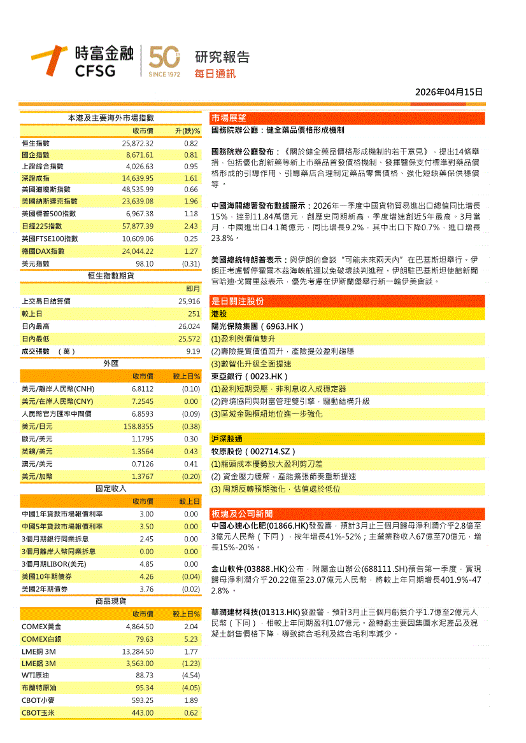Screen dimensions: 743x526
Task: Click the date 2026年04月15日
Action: pos(449,92)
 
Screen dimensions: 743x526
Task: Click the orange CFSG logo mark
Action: pos(50,60)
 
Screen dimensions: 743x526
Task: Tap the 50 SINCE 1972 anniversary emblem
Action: pos(164,62)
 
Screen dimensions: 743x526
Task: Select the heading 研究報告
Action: pos(222,57)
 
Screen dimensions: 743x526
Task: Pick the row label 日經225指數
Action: pos(44,226)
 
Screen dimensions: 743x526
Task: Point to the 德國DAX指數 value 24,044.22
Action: pos(138,251)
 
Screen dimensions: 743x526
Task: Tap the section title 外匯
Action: pos(111,363)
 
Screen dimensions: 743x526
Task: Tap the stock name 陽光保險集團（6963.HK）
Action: pos(257,326)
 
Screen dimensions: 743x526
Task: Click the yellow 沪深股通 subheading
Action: pos(227,439)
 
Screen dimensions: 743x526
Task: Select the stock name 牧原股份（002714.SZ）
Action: pos(256,451)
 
